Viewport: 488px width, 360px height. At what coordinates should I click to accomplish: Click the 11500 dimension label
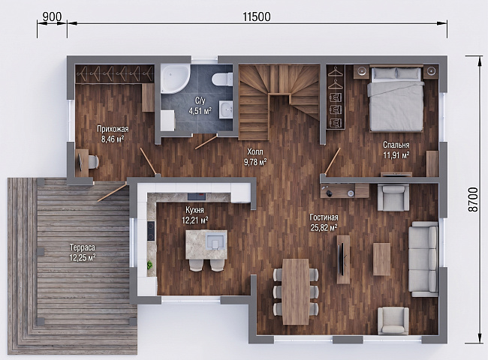click(257, 16)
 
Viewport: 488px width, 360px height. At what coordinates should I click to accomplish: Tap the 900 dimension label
click(52, 16)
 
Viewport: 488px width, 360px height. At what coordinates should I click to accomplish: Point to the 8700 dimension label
click(473, 199)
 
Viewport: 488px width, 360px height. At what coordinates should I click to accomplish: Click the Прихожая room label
click(113, 129)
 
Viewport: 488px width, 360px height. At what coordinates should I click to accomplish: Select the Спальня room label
click(396, 145)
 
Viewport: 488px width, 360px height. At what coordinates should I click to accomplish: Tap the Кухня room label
click(194, 210)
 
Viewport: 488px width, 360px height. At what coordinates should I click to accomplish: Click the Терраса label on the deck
click(82, 247)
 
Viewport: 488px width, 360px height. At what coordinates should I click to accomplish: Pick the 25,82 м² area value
click(324, 228)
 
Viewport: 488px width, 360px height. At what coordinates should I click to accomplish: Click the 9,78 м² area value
click(255, 162)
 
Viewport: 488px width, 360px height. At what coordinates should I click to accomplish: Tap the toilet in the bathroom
click(222, 79)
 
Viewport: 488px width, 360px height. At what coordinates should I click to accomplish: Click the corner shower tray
click(175, 79)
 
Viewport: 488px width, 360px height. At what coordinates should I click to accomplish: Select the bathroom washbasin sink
click(226, 109)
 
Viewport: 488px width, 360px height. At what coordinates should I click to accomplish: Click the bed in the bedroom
click(396, 98)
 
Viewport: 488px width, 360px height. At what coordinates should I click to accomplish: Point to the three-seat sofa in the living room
click(423, 259)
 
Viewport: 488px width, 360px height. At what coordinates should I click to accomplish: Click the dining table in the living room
click(296, 291)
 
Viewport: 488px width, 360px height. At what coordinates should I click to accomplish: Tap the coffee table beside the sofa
click(381, 259)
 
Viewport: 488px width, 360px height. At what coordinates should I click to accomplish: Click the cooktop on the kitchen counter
click(151, 231)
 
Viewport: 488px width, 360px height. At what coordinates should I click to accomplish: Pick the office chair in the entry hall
click(92, 162)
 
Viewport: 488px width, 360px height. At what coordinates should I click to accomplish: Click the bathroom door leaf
click(206, 142)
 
